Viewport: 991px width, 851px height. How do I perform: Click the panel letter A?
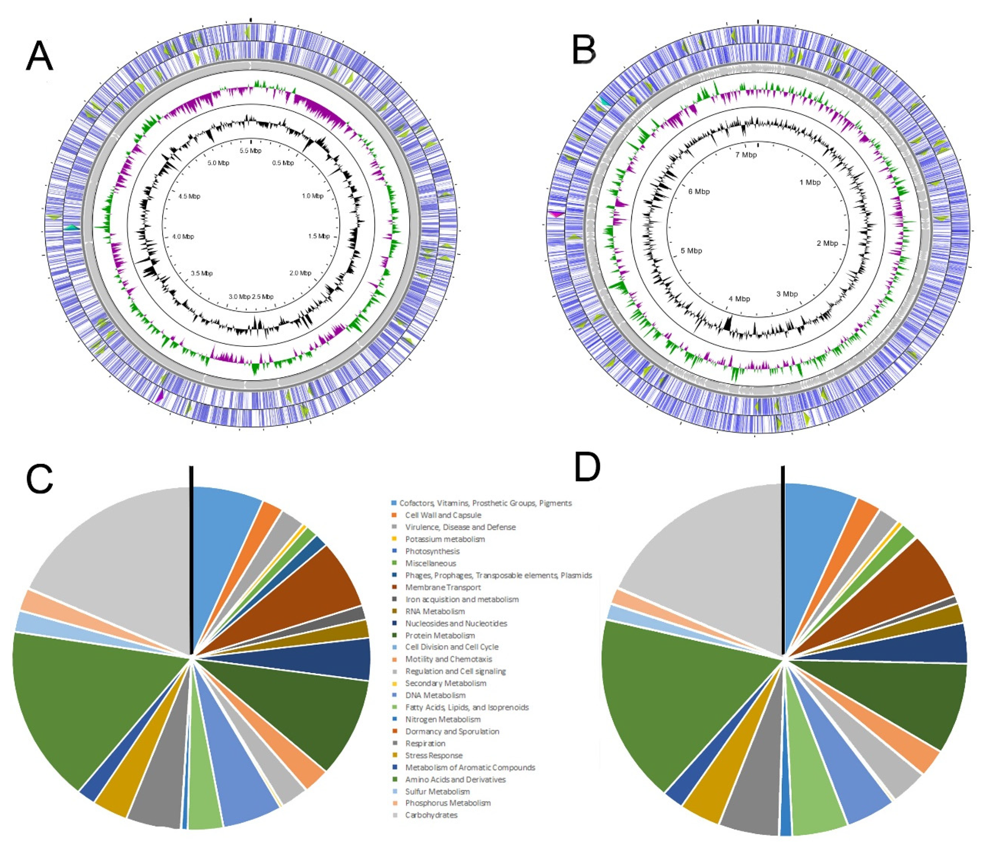point(39,56)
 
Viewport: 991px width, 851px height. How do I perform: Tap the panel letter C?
point(39,478)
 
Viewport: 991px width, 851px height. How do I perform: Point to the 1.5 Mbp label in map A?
point(319,236)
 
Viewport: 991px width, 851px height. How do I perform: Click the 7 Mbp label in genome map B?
point(746,155)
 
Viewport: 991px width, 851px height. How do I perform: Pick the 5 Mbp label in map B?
point(691,251)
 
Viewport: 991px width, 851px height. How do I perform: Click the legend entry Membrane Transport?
point(442,587)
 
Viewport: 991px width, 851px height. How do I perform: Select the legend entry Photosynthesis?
point(432,551)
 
